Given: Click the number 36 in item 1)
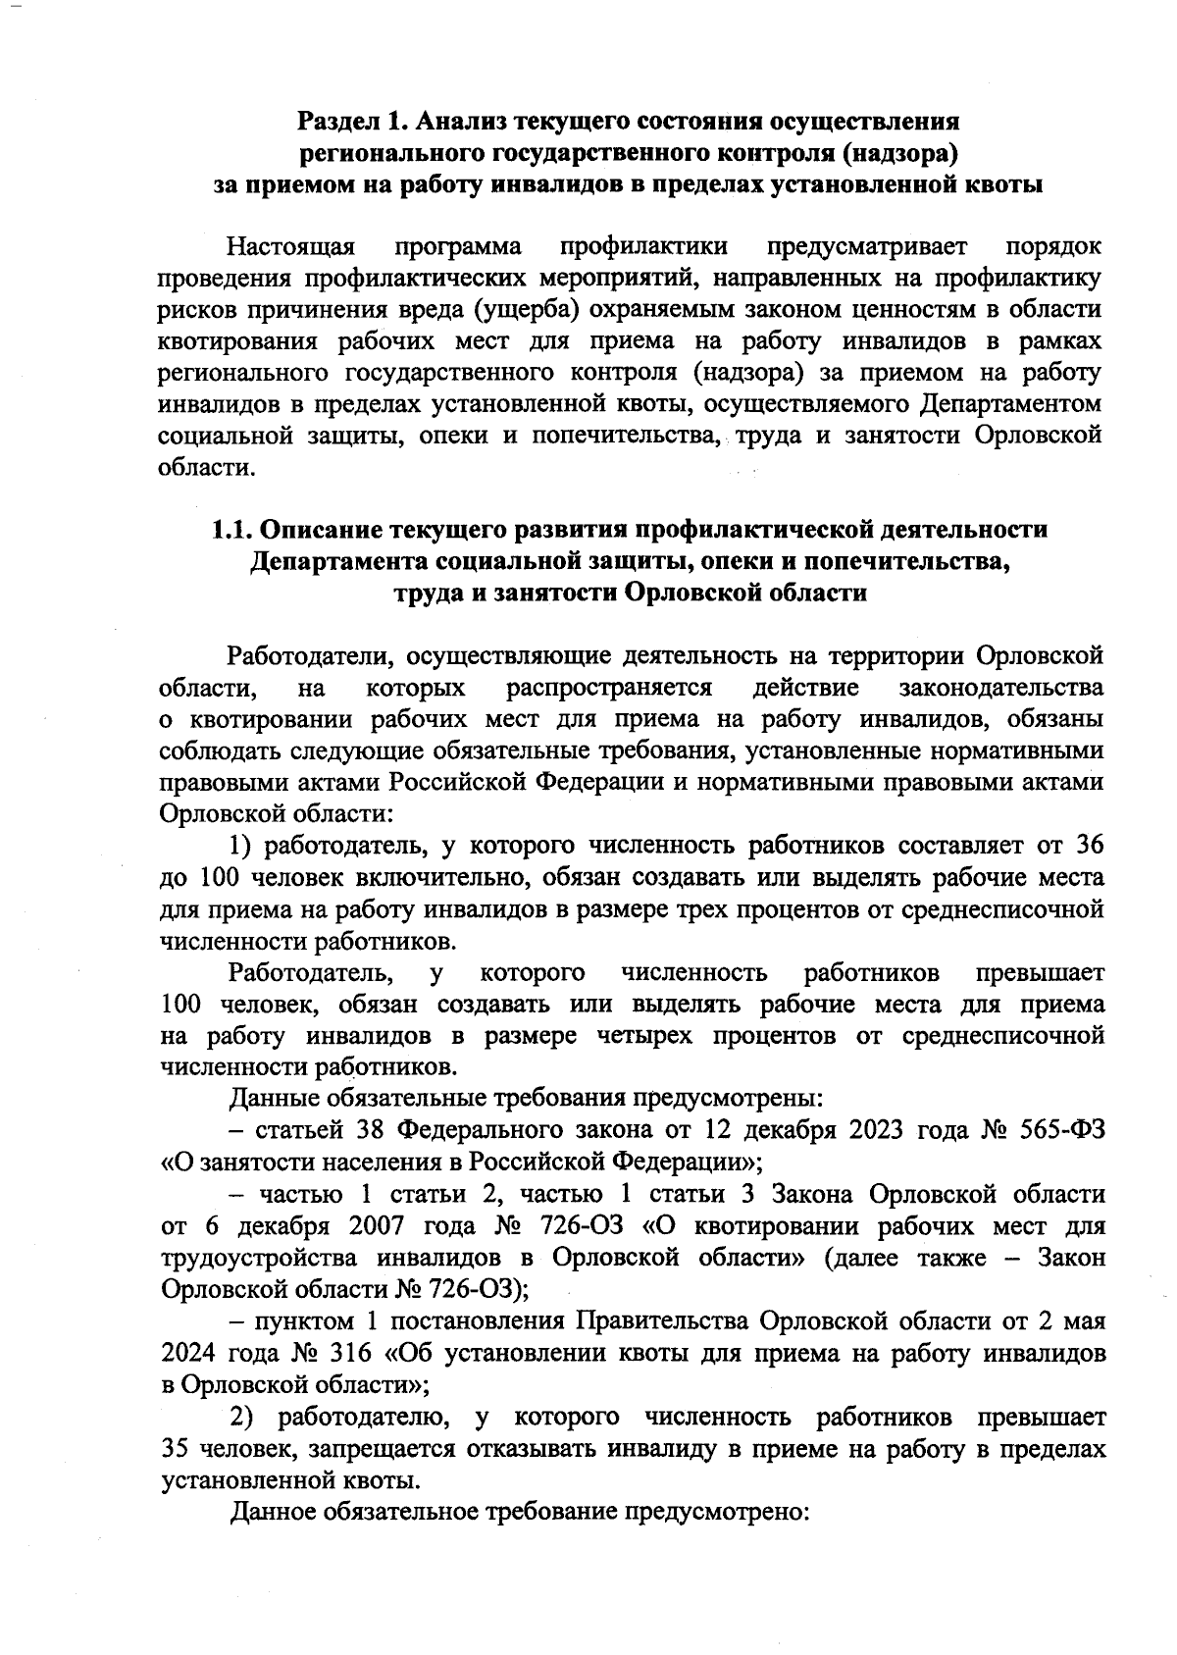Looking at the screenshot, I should pyautogui.click(x=1089, y=846).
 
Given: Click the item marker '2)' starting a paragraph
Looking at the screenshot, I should pyautogui.click(x=242, y=1417).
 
